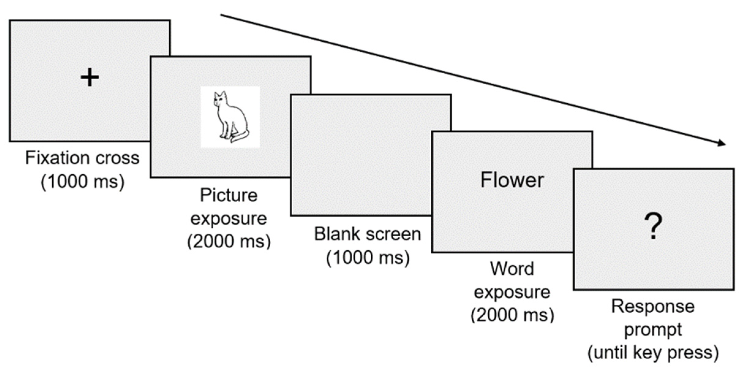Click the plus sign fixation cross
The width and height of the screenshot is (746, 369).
tap(90, 78)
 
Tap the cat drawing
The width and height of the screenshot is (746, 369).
tap(230, 117)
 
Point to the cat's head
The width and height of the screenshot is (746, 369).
tap(220, 99)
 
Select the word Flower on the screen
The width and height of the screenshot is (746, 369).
tap(512, 180)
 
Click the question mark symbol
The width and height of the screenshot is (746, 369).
tap(653, 226)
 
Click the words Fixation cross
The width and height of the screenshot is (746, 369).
tap(82, 158)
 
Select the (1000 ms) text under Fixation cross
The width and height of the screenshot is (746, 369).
tap(83, 182)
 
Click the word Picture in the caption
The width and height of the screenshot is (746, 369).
tap(229, 196)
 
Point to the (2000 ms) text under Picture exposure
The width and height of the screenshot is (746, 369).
tap(229, 242)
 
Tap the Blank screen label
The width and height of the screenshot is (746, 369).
tap(367, 234)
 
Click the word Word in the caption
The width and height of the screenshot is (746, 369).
tap(512, 269)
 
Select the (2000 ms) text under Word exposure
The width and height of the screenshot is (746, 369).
tap(512, 315)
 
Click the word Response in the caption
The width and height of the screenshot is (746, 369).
tap(653, 306)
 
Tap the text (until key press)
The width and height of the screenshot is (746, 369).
tap(653, 353)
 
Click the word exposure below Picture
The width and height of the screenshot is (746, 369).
tap(229, 219)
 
